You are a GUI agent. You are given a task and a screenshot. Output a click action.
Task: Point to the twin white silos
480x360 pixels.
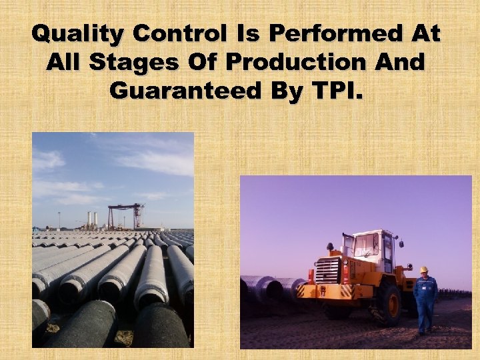click(x=92, y=219)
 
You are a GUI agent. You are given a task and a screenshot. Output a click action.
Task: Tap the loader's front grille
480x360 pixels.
click(x=327, y=271)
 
